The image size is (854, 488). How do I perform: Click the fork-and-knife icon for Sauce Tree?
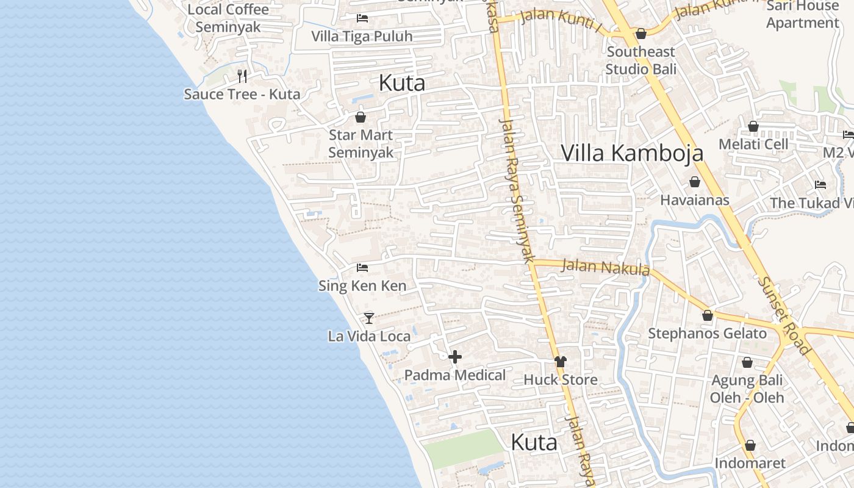(242, 76)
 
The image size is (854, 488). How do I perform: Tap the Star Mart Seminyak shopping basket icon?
(361, 117)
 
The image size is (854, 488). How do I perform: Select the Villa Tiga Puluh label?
(362, 37)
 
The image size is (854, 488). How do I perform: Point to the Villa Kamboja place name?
(632, 153)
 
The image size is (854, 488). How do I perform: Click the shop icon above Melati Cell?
(753, 127)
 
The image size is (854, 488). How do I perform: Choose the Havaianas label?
(694, 200)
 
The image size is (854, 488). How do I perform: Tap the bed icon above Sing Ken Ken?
(362, 268)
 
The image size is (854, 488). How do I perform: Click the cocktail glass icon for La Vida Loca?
(369, 318)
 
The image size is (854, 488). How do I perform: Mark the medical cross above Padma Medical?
(455, 357)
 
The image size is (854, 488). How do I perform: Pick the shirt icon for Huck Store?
(561, 362)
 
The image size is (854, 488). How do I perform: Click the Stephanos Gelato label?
(707, 334)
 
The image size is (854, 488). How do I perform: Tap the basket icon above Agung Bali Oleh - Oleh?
(747, 363)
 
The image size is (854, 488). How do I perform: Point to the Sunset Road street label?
(784, 316)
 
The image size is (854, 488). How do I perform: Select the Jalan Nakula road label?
(605, 267)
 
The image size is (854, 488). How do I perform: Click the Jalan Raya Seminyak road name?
(516, 189)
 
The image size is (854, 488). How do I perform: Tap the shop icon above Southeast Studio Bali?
(641, 34)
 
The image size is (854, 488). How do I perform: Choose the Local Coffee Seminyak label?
(228, 18)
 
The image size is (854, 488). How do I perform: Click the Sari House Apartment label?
(802, 15)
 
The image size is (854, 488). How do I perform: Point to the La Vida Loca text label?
(369, 336)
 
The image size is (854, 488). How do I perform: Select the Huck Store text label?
(561, 380)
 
